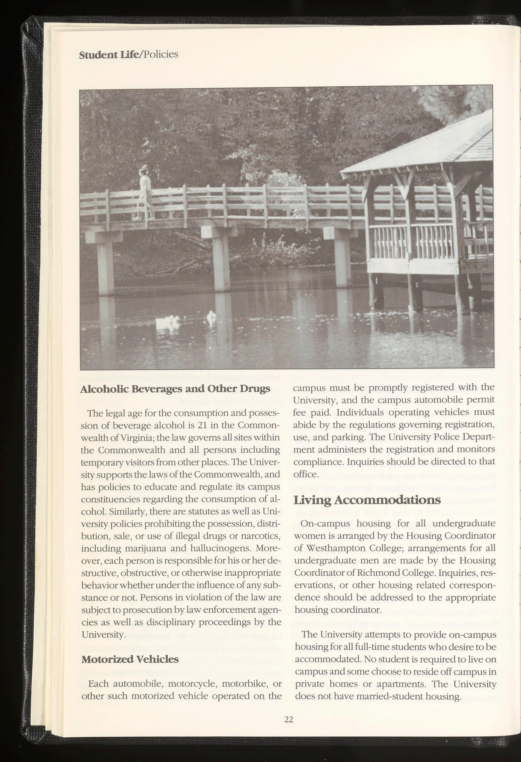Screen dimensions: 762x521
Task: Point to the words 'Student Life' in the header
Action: point(109,55)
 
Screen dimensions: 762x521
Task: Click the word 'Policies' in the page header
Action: point(160,54)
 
